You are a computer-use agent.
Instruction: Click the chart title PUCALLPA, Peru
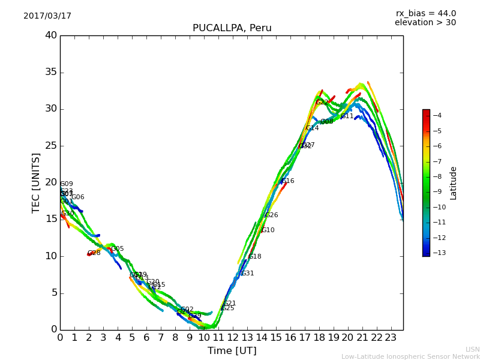pyautogui.click(x=232, y=28)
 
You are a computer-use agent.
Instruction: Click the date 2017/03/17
pyautogui.click(x=47, y=16)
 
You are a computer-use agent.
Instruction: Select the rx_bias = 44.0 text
pyautogui.click(x=425, y=14)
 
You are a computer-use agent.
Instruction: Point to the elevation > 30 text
pyautogui.click(x=425, y=23)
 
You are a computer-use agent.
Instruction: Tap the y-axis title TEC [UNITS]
pyautogui.click(x=36, y=182)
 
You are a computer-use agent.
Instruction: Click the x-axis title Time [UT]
pyautogui.click(x=232, y=350)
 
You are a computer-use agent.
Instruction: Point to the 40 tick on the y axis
pyautogui.click(x=51, y=35)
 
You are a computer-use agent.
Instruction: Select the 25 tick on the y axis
pyautogui.click(x=51, y=146)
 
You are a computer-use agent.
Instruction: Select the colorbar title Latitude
pyautogui.click(x=454, y=182)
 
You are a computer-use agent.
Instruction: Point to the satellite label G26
pyautogui.click(x=271, y=215)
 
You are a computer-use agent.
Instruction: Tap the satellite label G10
pyautogui.click(x=268, y=230)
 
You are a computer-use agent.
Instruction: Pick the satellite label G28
pyautogui.click(x=94, y=253)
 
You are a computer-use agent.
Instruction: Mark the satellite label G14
pyautogui.click(x=312, y=128)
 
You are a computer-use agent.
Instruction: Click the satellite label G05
pyautogui.click(x=118, y=249)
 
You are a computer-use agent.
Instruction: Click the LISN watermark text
pyautogui.click(x=472, y=349)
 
